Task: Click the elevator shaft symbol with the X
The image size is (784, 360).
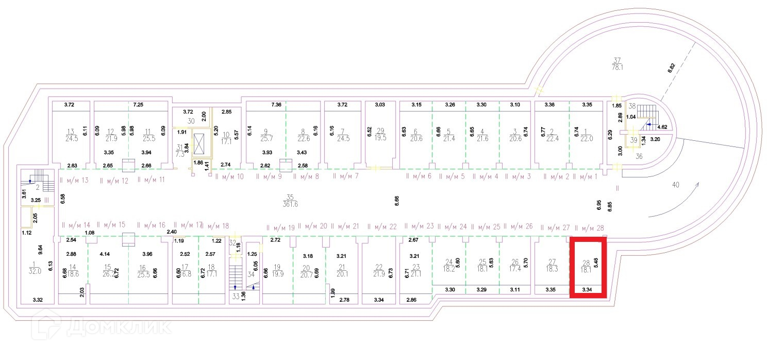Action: click(198, 142)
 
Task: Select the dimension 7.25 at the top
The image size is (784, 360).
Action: click(138, 105)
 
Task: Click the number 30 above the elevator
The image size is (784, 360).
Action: click(191, 121)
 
